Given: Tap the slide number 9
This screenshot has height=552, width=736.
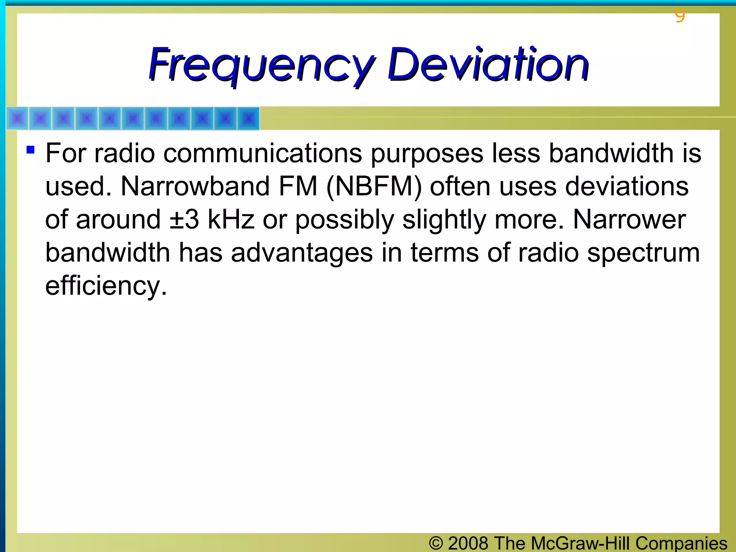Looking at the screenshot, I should click(680, 16).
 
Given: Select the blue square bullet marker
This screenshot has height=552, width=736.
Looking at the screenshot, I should click(31, 149).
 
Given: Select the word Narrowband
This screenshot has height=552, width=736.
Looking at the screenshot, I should click(195, 186).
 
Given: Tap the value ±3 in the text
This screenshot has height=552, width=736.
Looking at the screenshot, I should click(184, 220).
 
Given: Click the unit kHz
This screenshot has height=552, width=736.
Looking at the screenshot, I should click(231, 220).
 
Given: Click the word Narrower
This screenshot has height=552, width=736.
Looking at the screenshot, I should click(629, 220).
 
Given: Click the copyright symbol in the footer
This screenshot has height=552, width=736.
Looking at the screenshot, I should click(436, 543).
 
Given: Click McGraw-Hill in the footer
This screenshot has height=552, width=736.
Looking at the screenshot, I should click(581, 543).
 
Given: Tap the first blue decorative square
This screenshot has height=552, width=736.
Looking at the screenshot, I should click(18, 118).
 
